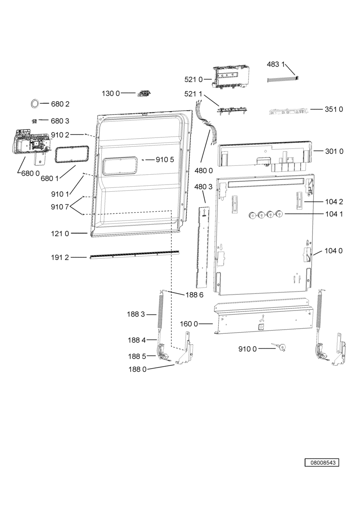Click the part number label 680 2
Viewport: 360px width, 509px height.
(x=60, y=104)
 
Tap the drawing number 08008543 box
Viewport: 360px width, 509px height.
(x=321, y=462)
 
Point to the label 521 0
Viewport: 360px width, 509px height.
(x=193, y=80)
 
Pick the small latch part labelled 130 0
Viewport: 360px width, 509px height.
(x=144, y=93)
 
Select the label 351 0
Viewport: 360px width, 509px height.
(x=334, y=109)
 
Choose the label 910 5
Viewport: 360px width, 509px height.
(x=165, y=160)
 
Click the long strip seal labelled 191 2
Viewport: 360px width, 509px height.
(x=134, y=255)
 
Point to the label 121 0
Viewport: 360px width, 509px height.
(x=60, y=233)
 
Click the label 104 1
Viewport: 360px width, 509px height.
(x=334, y=214)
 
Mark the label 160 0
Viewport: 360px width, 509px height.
(x=189, y=324)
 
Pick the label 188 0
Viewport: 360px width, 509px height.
(x=137, y=369)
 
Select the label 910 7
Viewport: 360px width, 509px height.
(x=60, y=207)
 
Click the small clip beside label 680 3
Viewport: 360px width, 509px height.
(x=34, y=121)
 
